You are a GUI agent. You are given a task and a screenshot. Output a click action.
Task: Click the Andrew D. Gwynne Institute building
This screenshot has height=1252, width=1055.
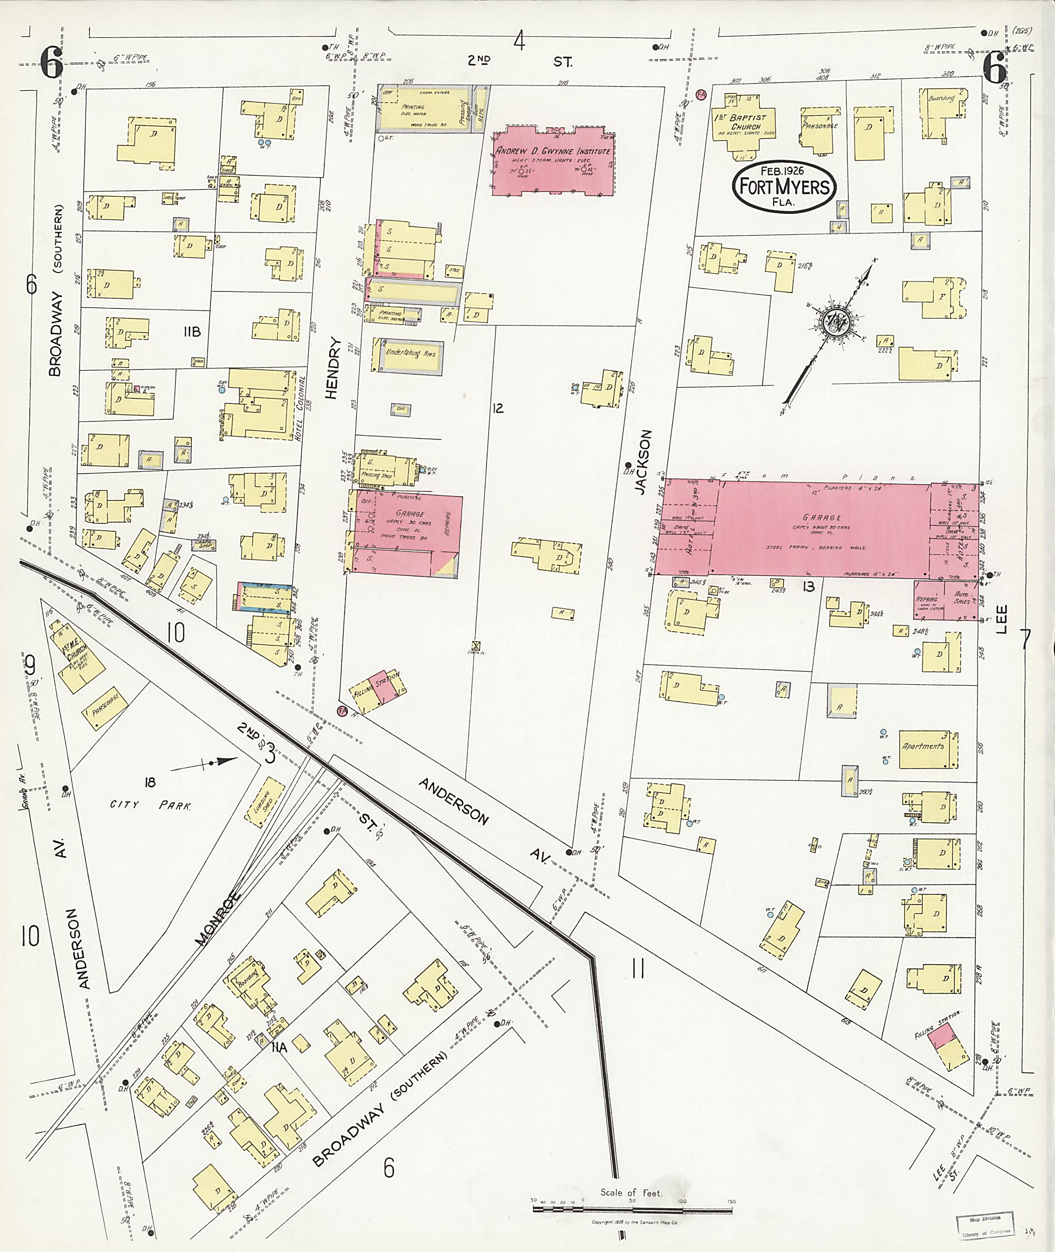(553, 161)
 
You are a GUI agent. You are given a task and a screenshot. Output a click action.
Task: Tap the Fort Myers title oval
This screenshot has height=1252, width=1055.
(784, 186)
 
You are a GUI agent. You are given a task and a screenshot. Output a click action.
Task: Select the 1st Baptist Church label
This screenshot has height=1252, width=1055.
(744, 122)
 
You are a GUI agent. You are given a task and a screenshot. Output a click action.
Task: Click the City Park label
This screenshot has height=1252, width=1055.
(150, 805)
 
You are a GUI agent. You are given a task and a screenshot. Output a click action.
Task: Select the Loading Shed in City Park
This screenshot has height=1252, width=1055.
(264, 803)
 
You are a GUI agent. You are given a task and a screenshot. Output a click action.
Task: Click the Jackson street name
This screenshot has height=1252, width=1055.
(641, 462)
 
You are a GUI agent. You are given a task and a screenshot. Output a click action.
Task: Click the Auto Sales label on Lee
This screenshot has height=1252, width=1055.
(962, 598)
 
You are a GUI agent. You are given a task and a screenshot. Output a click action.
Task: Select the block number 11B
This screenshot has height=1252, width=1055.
(192, 331)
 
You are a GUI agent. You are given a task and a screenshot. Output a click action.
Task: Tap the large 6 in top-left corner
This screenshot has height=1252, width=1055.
(52, 63)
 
